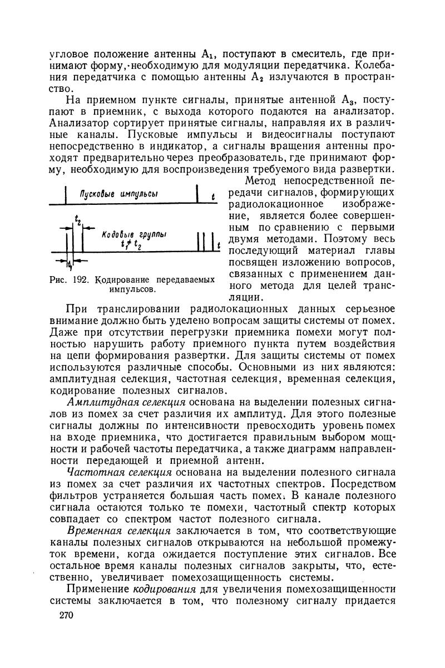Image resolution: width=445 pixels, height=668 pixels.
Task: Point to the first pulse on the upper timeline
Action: [x=67, y=195]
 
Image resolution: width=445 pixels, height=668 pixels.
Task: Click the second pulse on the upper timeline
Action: [x=197, y=195]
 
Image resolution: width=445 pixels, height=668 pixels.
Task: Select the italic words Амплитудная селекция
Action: [x=126, y=402]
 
